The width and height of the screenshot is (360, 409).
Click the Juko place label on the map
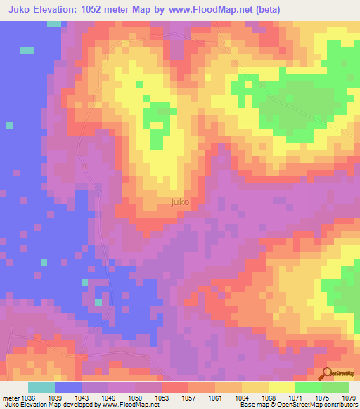(x=179, y=203)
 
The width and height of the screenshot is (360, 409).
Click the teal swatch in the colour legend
(x=41, y=387)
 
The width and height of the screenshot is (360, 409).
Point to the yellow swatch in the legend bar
(x=281, y=387)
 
